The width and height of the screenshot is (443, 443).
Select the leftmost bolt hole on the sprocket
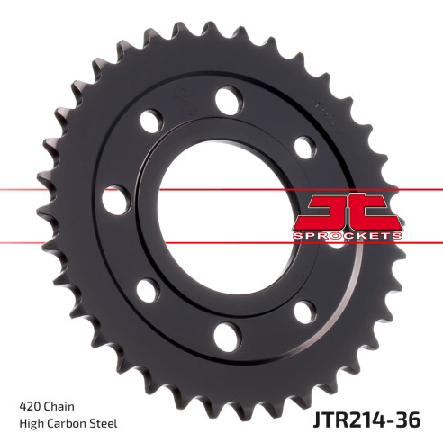(114, 200)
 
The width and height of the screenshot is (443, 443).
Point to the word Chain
(59, 405)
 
